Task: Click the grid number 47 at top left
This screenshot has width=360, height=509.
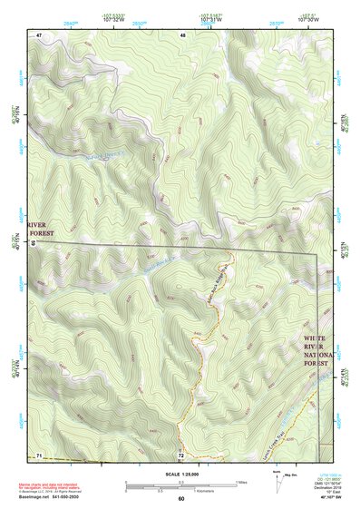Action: click(x=40, y=34)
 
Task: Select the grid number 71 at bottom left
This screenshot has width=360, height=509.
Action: click(x=40, y=453)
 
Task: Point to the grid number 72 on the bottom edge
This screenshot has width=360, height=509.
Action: click(x=181, y=453)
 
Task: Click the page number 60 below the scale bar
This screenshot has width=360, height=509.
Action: click(x=180, y=498)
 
